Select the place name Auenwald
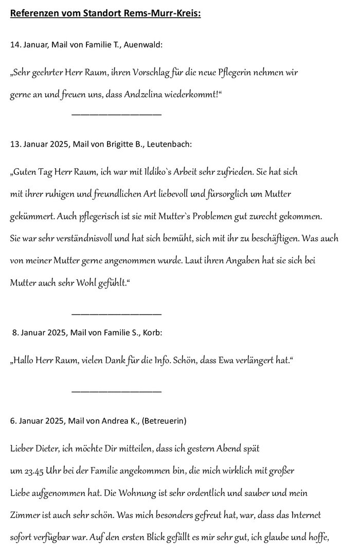tap(145, 45)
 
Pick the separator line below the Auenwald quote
tap(116, 114)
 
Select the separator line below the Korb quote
tap(116, 391)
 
